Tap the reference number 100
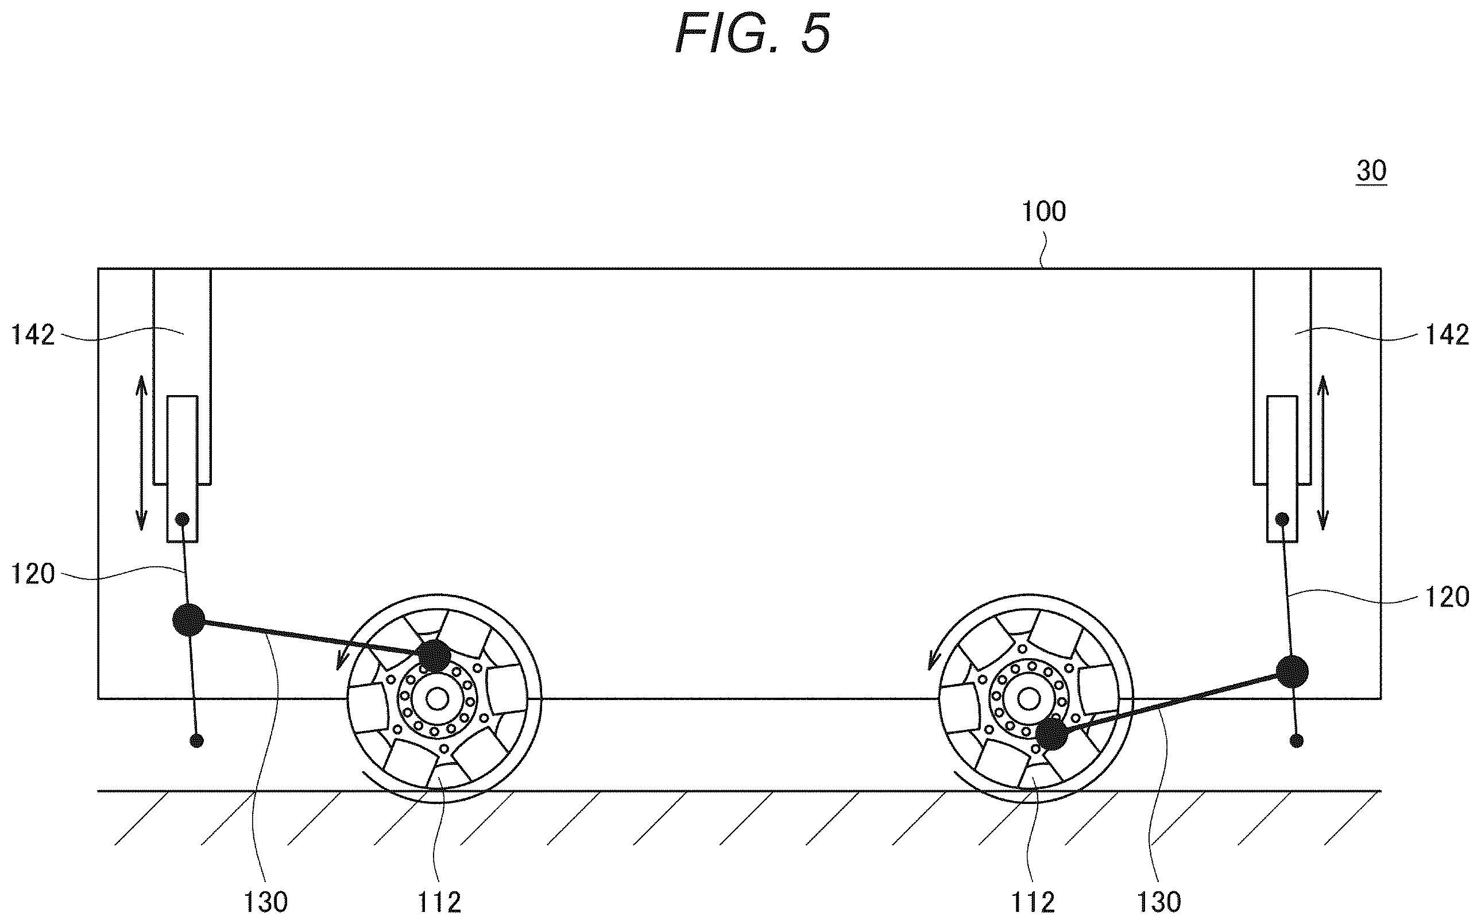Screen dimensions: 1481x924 [x=1044, y=211]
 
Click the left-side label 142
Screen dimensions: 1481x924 [x=33, y=335]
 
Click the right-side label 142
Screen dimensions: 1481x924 [x=1447, y=335]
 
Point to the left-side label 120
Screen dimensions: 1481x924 [x=33, y=574]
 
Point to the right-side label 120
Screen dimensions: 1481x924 [x=1447, y=597]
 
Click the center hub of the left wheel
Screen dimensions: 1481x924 [x=437, y=698]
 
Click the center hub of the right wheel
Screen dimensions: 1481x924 [x=1030, y=698]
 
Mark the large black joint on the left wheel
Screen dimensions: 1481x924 [x=434, y=656]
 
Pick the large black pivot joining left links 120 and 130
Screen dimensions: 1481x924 [x=189, y=620]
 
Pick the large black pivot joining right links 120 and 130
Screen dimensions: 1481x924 [x=1292, y=672]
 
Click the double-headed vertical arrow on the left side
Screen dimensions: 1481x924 [x=141, y=453]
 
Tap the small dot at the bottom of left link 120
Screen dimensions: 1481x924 [x=197, y=741]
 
